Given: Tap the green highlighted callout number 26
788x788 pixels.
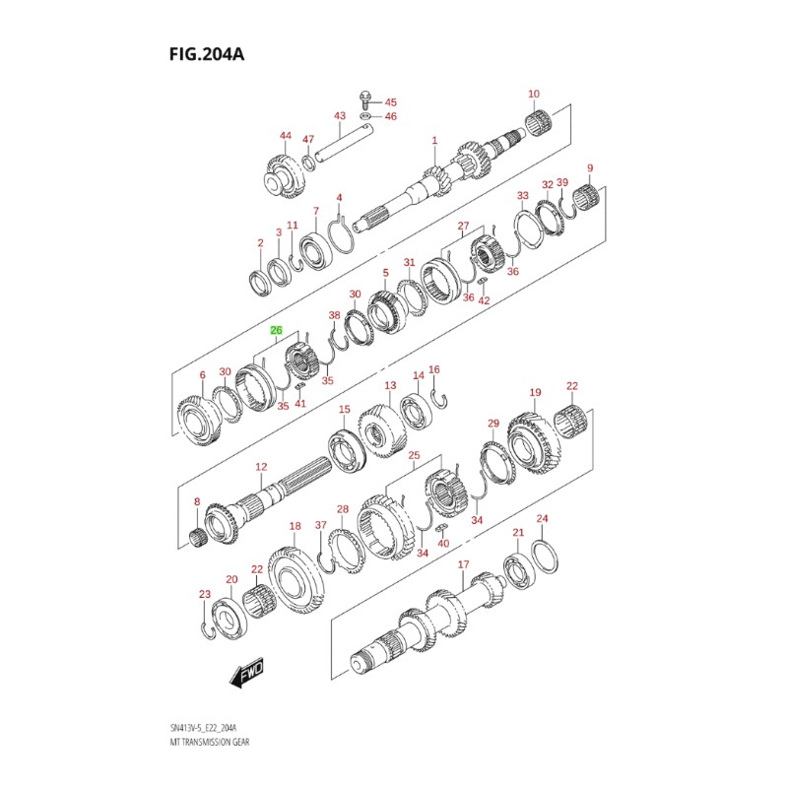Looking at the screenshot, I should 277,331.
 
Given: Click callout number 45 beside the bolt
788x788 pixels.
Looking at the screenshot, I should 390,102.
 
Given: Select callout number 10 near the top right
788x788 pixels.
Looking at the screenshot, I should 534,95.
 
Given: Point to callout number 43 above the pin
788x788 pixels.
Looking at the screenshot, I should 339,116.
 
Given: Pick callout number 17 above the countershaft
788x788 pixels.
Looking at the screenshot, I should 462,564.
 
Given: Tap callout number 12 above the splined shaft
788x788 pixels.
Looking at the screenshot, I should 261,467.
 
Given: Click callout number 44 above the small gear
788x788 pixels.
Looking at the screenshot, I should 286,136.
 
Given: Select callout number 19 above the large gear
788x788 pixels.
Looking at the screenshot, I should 535,393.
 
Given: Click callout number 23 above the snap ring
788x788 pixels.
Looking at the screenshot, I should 205,594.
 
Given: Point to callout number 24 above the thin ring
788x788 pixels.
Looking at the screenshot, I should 541,518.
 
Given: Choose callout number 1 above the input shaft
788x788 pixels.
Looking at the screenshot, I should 433,142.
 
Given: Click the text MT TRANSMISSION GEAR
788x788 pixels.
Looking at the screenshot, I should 209,741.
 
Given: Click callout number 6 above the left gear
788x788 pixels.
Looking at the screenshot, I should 202,375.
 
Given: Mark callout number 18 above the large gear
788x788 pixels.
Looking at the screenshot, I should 295,528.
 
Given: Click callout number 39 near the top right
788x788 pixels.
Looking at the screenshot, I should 562,183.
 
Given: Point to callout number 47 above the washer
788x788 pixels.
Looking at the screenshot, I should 308,139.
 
